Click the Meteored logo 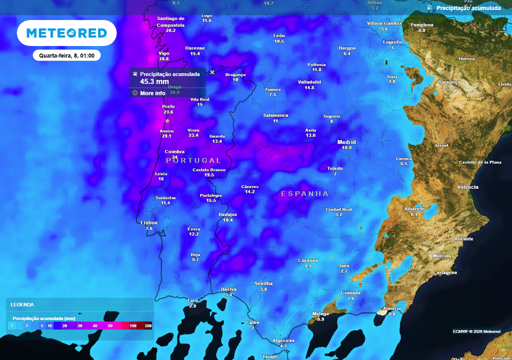[x=66, y=33]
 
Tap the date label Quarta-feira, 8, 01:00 [x=67, y=55]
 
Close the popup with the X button [x=212, y=72]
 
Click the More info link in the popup [x=152, y=93]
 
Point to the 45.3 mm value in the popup [x=154, y=81]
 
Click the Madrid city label [x=346, y=142]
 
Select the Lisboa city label [x=149, y=222]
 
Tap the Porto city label [x=168, y=106]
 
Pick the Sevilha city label [x=263, y=283]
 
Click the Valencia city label [x=467, y=187]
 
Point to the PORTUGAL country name [x=193, y=160]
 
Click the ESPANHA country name [x=305, y=193]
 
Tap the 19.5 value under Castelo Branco [x=209, y=175]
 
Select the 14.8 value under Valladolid [x=309, y=87]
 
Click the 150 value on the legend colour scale [x=133, y=325]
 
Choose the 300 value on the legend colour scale [x=147, y=325]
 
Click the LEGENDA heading [x=22, y=304]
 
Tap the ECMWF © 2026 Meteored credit [x=476, y=331]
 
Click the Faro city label [x=192, y=300]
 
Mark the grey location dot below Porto [x=167, y=120]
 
